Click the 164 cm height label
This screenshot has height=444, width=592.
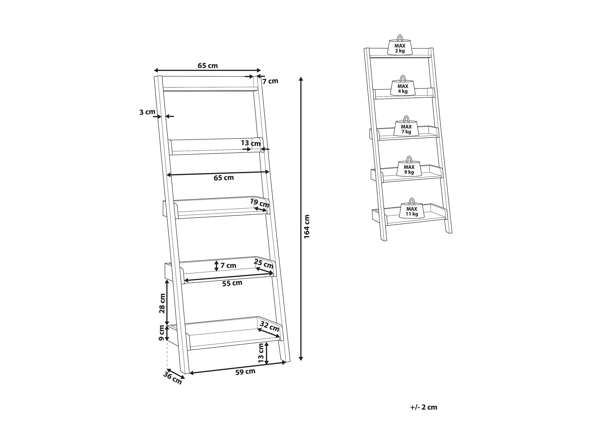[307, 226]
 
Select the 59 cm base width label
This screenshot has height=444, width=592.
[245, 372]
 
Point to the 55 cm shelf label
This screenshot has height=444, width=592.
[232, 283]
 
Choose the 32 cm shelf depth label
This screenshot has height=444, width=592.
[270, 326]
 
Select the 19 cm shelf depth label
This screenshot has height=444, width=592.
[260, 203]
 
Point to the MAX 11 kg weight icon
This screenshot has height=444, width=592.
[412, 208]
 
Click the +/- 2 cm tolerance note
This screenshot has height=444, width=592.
[424, 407]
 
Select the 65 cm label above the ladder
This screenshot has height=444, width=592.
[208, 66]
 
